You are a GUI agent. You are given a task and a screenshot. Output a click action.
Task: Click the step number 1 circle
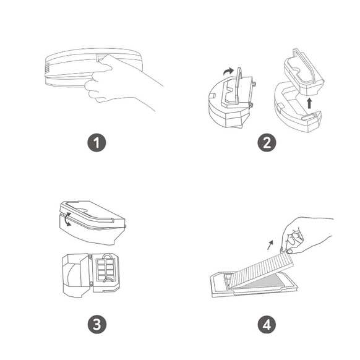[96, 142]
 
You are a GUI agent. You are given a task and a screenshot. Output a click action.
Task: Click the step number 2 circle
[267, 142]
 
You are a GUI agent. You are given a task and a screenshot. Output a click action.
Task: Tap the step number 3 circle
[97, 325]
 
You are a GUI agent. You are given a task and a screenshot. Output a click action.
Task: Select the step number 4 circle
[267, 325]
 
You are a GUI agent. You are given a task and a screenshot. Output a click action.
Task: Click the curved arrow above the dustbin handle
[228, 71]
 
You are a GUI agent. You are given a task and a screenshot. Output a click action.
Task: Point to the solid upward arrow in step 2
[309, 103]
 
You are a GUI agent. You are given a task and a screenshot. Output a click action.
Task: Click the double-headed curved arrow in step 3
[67, 219]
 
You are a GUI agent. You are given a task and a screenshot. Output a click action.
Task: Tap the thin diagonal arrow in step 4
[270, 245]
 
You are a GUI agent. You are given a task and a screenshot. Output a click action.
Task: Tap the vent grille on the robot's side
[47, 68]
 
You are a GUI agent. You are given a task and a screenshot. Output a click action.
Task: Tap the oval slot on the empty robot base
[309, 117]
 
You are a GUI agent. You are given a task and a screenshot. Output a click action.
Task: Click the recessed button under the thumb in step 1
[101, 58]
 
